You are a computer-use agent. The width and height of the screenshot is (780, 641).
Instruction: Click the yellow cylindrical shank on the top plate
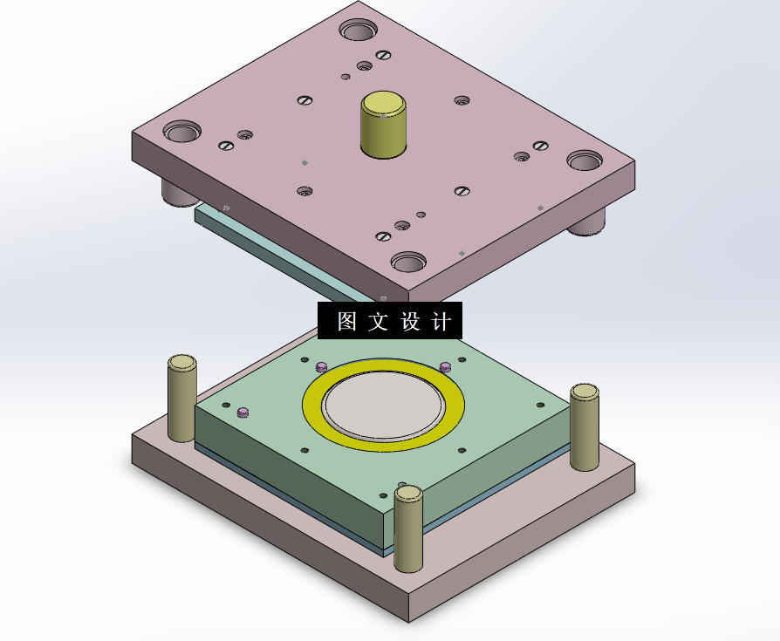click(383, 125)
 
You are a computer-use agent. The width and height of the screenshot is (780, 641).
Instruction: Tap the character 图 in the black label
click(346, 321)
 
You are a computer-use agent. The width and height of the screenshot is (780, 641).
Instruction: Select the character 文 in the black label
click(378, 321)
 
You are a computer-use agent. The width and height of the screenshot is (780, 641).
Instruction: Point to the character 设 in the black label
click(410, 321)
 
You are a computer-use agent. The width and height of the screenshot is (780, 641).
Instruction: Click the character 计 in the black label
click(441, 321)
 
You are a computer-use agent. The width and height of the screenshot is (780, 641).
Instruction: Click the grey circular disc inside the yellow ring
click(383, 405)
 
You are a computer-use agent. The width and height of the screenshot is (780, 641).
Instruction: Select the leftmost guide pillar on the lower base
click(182, 399)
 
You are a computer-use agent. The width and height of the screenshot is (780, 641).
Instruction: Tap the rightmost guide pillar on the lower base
click(584, 427)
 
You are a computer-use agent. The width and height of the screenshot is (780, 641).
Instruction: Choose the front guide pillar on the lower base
click(408, 528)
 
